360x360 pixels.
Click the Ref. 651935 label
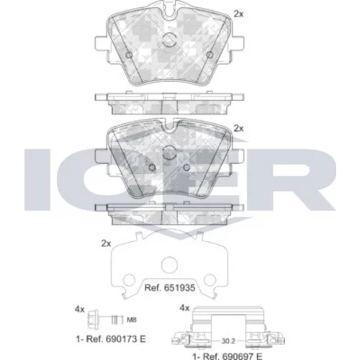point(170,288)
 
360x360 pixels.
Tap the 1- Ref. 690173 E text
point(111,339)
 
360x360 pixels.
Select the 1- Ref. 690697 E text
point(228,356)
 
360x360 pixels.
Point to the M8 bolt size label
point(132,320)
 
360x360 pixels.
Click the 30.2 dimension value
point(228,341)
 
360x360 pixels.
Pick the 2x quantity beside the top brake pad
point(238,14)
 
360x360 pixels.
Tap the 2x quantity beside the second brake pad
point(238,129)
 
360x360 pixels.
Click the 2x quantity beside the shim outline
point(106,243)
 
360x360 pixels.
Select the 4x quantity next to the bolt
point(80,310)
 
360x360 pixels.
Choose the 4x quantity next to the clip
point(184,308)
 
